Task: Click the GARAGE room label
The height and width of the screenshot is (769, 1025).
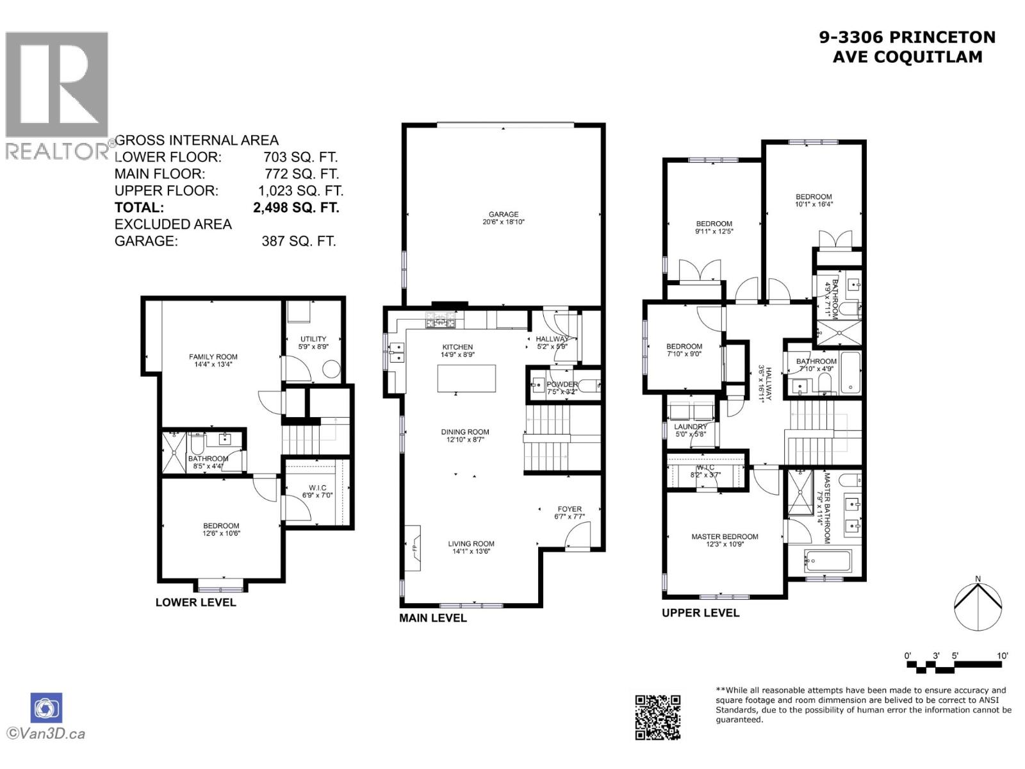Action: coord(504,215)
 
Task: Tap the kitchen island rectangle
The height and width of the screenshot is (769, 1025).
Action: coord(466,378)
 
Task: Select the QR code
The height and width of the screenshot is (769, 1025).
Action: coord(657,717)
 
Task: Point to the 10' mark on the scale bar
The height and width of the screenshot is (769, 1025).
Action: coord(1002,656)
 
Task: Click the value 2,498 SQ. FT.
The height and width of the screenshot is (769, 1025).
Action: coord(296,208)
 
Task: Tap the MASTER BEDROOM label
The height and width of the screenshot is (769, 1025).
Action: coord(725,537)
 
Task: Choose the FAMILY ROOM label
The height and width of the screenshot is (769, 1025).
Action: coord(213,357)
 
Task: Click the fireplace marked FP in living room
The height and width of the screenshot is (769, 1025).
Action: coord(414,548)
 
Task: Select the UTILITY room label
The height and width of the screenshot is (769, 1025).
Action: coord(313,339)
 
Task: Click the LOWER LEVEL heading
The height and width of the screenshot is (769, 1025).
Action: coord(195,602)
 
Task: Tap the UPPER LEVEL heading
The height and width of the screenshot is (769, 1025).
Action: coord(700,613)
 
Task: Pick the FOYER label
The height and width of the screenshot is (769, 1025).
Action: coord(570,509)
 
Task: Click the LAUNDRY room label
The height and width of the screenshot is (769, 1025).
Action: coord(690,427)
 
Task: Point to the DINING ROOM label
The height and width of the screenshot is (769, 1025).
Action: coord(465,432)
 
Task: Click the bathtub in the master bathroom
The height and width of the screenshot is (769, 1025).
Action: coord(828,562)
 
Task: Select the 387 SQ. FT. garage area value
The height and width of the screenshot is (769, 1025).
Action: coord(299,242)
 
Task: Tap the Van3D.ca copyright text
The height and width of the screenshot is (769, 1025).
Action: coord(46,734)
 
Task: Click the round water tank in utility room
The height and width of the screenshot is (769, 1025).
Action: coord(331,370)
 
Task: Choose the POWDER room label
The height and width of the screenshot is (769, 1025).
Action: coord(562,384)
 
